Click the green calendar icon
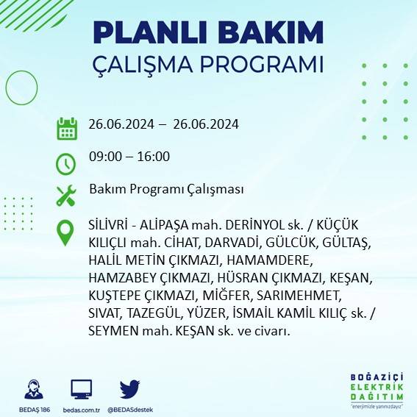point(67,128)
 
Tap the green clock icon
point(66,162)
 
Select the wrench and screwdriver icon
point(66,196)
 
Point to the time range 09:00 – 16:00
point(129,156)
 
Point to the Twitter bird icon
point(130,388)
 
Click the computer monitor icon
point(81,389)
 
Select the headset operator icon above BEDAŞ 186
point(33,389)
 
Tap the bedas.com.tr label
point(81,409)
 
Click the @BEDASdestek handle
point(130,409)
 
